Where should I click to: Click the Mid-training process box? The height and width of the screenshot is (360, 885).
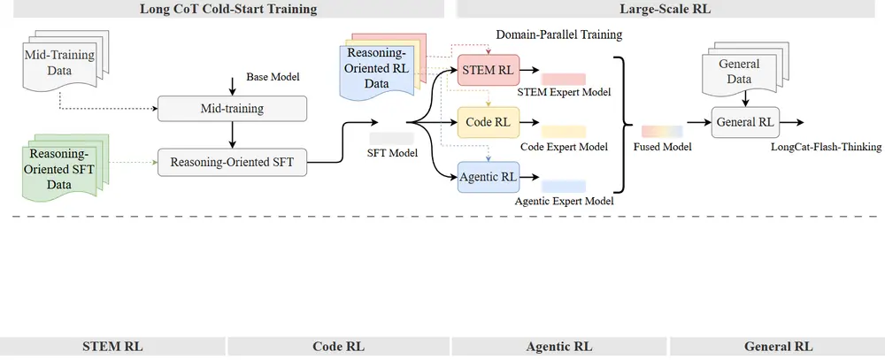[232, 110]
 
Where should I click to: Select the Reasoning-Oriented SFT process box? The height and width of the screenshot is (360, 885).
[232, 161]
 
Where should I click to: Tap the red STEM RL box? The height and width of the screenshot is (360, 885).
[488, 70]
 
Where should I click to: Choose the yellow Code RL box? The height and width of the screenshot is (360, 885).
[488, 121]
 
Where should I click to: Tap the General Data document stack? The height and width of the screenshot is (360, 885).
[739, 70]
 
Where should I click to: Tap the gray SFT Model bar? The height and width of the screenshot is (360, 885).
[391, 139]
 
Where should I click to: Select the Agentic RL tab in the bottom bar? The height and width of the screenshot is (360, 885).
[559, 347]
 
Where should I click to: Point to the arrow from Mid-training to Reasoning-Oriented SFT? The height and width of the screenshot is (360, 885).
[232, 135]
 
